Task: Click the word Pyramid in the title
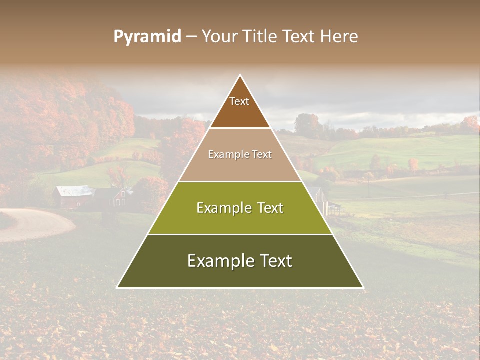[x=147, y=37]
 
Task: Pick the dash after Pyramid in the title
[x=191, y=37]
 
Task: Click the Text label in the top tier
[x=239, y=101]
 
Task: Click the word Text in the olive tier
[x=269, y=208]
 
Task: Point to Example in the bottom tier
[x=217, y=261]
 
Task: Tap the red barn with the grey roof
[x=75, y=196]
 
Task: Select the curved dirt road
[x=35, y=225]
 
